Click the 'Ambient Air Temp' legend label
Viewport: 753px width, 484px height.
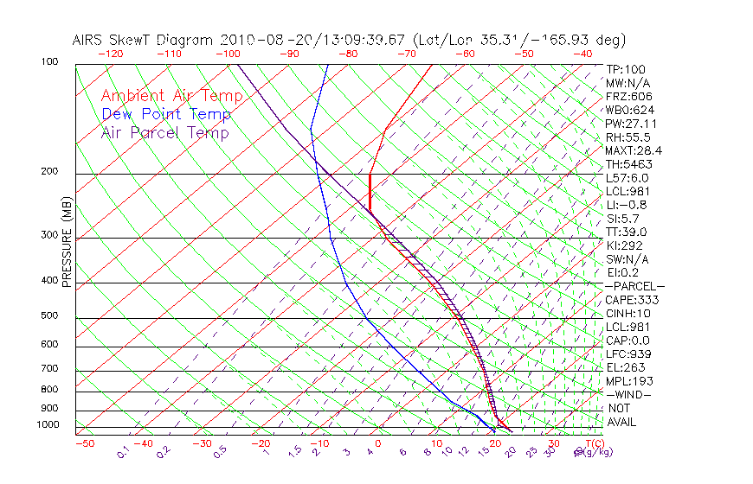pyautogui.click(x=171, y=96)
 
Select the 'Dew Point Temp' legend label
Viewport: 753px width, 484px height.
pyautogui.click(x=166, y=114)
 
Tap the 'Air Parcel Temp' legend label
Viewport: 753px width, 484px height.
pyautogui.click(x=164, y=132)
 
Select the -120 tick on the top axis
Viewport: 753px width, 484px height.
pyautogui.click(x=109, y=54)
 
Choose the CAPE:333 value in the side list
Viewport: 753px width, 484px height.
pyautogui.click(x=631, y=300)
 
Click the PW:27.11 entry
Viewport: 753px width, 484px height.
pyautogui.click(x=627, y=124)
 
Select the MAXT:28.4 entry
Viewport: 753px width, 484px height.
pyautogui.click(x=629, y=150)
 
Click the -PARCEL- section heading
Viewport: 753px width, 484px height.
pyautogui.click(x=634, y=286)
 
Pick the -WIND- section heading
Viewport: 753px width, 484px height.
pyautogui.click(x=627, y=395)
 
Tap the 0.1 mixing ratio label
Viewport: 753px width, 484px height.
pyautogui.click(x=124, y=450)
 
